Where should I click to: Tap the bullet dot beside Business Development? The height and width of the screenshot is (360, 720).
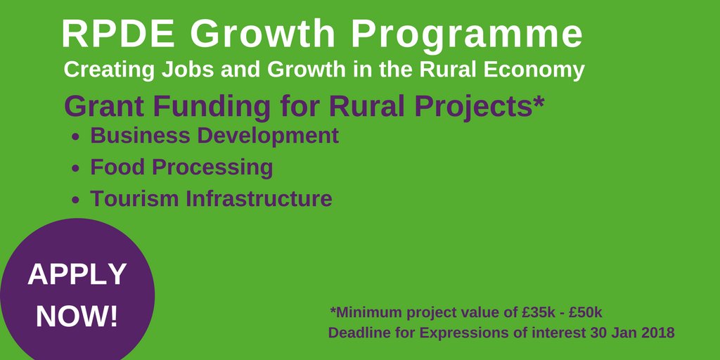(x=77, y=137)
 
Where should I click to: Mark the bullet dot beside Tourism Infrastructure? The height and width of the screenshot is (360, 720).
(x=77, y=200)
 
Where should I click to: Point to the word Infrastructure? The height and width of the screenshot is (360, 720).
(x=259, y=199)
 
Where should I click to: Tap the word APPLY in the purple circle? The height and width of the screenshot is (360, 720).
(x=77, y=274)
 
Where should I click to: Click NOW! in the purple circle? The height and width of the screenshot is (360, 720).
(x=77, y=316)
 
